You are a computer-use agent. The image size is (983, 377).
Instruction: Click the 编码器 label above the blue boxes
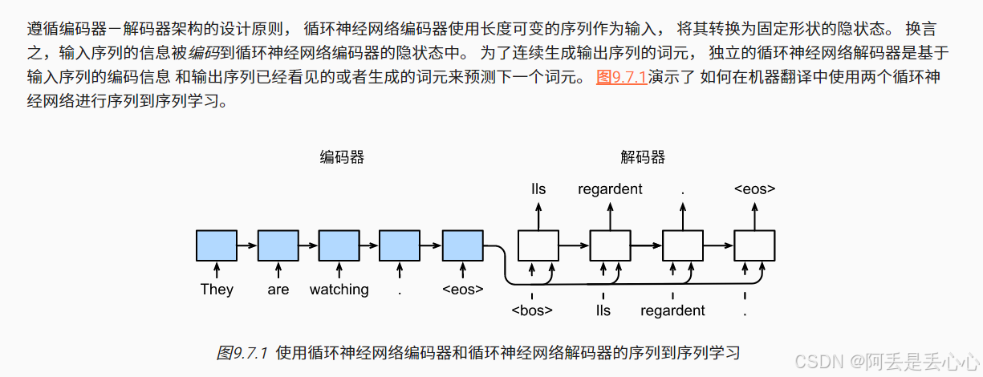[342, 157]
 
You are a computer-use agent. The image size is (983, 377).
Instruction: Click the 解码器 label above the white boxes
[643, 157]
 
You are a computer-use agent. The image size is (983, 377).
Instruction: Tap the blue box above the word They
[217, 245]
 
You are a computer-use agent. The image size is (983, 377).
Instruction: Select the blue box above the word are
[278, 245]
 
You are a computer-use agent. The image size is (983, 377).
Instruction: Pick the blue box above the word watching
[339, 245]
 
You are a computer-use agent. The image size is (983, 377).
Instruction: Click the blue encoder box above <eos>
[463, 245]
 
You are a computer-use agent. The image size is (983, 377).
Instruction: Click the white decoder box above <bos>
[538, 245]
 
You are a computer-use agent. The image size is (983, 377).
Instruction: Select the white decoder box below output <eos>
[754, 245]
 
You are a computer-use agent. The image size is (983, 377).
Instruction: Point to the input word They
[217, 290]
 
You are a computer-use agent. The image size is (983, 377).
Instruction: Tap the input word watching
[339, 290]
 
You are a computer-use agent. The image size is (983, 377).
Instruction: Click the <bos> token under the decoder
[532, 310]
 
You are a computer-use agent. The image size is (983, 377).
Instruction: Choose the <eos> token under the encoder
[463, 290]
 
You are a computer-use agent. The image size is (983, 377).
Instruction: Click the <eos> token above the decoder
[754, 189]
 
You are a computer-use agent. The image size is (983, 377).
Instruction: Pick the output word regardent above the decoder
[610, 189]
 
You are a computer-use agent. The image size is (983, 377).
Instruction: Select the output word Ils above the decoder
[538, 189]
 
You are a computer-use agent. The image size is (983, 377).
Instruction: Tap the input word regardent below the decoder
[672, 310]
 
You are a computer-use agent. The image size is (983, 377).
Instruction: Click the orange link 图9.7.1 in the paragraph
[621, 79]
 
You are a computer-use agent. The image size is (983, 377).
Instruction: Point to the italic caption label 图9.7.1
[243, 353]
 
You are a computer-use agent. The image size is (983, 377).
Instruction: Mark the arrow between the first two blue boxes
[247, 245]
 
